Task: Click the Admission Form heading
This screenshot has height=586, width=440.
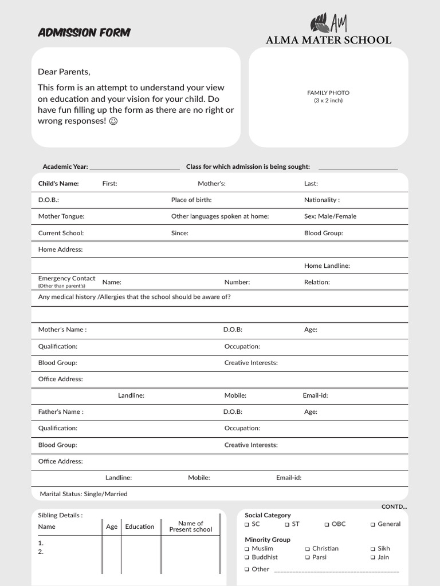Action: pos(84,33)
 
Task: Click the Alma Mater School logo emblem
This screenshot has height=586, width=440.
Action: pos(328,23)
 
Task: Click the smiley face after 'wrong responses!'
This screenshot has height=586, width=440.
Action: pos(113,121)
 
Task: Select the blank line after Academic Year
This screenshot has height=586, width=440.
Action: pos(135,168)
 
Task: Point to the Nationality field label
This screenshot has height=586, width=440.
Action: pos(321,200)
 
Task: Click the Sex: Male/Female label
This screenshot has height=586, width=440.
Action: pos(330,216)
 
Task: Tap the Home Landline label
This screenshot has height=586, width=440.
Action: pos(327,266)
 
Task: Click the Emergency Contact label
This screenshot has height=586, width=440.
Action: pos(66,279)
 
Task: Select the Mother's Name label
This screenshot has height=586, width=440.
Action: pos(62,330)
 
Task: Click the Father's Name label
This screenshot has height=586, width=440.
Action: pos(61,411)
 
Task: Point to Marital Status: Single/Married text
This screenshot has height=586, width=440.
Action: pos(84,494)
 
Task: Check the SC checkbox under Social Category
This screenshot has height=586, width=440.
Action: pos(247,524)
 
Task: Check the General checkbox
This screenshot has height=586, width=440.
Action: pos(373,524)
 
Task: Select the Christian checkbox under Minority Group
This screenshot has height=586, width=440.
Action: pos(308,549)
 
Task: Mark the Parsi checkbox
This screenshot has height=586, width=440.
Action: pos(308,557)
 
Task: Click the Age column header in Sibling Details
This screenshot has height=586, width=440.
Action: pos(112,526)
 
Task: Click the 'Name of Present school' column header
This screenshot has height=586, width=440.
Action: pos(190,526)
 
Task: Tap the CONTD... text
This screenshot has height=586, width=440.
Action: pos(394,506)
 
